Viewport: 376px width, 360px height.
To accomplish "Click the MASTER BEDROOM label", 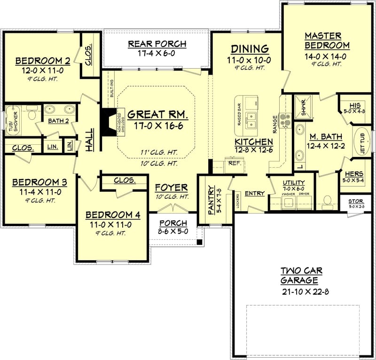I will pyautogui.click(x=327, y=40).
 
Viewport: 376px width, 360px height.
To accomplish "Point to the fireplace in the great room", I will pyautogui.click(x=109, y=123).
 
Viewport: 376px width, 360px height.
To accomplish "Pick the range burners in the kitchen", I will pyautogui.click(x=285, y=120).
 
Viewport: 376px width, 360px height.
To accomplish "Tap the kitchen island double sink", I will pyautogui.click(x=251, y=120).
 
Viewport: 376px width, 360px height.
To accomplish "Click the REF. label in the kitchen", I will pyautogui.click(x=234, y=163).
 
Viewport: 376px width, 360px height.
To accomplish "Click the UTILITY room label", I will pyautogui.click(x=294, y=182).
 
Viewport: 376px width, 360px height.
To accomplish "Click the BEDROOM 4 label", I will pyautogui.click(x=113, y=215).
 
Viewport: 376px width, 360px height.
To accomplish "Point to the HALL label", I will pyautogui.click(x=89, y=140).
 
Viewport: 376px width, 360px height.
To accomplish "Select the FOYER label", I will pyautogui.click(x=172, y=188).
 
